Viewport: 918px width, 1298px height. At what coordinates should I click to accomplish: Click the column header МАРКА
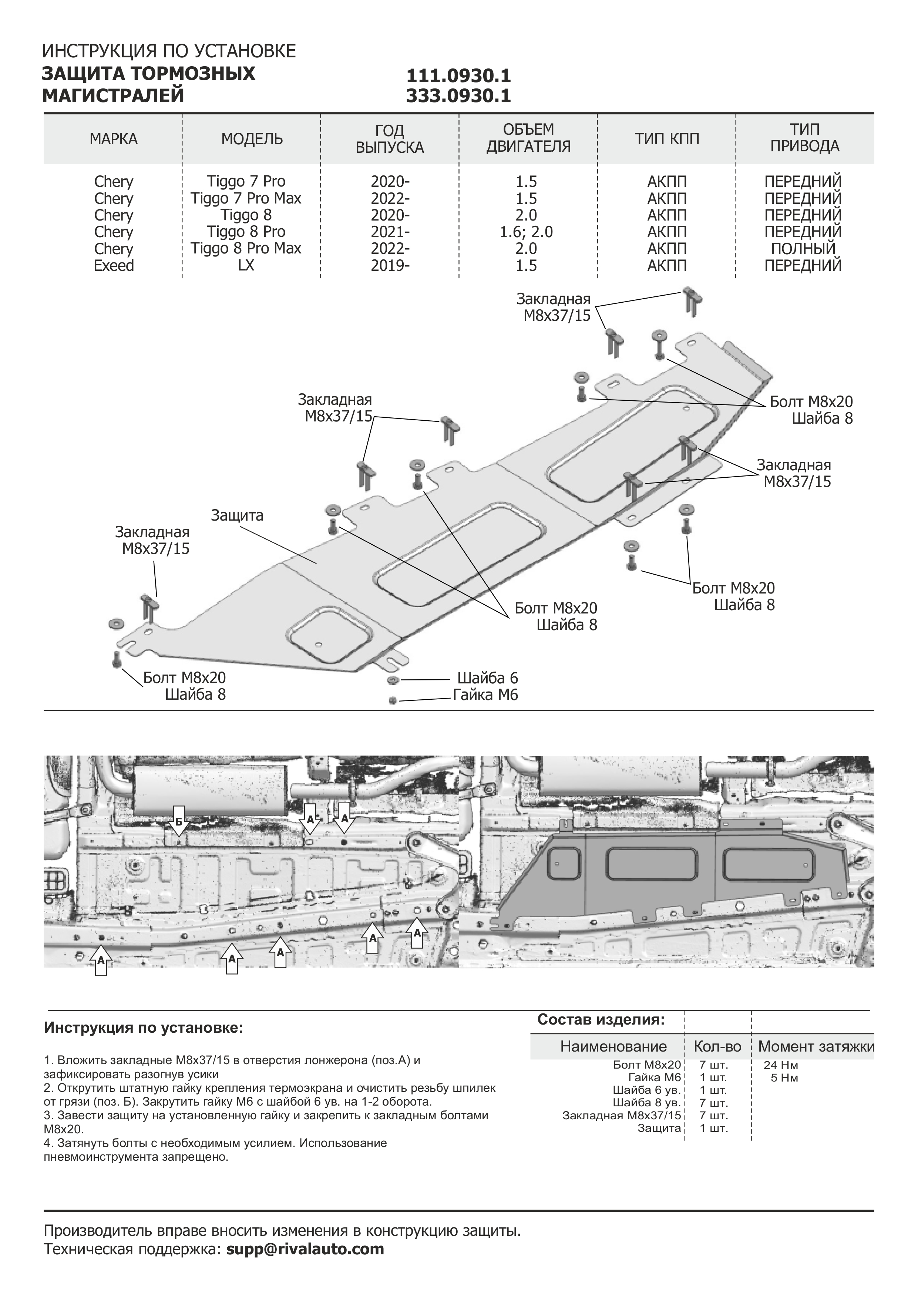113,139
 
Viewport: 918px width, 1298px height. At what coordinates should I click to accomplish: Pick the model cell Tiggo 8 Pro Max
246,248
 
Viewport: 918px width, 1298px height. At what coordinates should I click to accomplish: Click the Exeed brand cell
114,265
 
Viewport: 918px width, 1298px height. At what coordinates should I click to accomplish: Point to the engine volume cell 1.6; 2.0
526,232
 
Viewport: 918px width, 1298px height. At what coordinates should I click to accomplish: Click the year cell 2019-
390,265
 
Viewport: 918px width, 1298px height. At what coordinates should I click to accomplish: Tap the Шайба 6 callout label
487,678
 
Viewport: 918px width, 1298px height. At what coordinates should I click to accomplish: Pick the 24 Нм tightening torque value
781,1065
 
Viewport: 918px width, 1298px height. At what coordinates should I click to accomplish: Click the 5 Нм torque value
784,1077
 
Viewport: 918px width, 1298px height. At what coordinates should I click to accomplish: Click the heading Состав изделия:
601,1019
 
